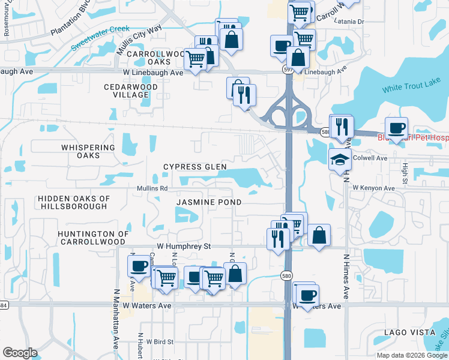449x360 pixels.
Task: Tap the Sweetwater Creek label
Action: (100, 38)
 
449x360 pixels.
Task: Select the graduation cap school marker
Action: (339, 159)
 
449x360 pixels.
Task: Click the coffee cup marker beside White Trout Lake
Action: (396, 128)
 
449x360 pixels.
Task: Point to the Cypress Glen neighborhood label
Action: (196, 167)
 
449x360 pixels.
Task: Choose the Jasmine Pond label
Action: (208, 202)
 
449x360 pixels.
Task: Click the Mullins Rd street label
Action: (154, 188)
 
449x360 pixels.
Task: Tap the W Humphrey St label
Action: (184, 246)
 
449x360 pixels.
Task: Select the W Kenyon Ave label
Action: (373, 188)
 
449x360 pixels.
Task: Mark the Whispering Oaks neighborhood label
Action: (88, 151)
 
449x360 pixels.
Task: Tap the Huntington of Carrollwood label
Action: (93, 238)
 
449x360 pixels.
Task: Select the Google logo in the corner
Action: (19, 353)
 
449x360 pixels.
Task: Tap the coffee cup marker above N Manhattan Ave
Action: (138, 266)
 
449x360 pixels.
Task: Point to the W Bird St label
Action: (155, 341)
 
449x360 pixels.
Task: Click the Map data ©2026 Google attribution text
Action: (411, 355)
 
